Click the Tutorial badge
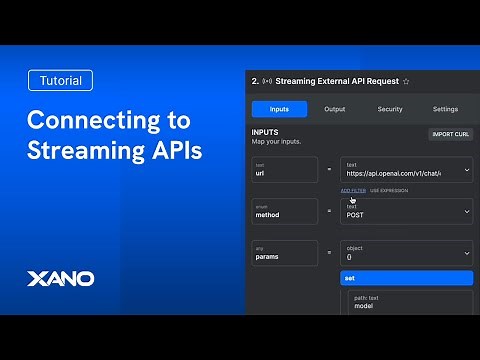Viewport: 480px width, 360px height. pos(60,81)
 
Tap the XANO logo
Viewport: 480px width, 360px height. pos(59,277)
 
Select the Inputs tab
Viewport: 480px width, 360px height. pos(279,109)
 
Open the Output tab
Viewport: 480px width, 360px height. pos(334,109)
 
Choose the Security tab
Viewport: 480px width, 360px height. pos(389,109)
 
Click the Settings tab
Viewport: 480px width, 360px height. pos(445,109)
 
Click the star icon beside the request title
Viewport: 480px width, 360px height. pos(406,80)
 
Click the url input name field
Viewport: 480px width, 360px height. pos(284,169)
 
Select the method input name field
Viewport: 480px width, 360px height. pos(284,211)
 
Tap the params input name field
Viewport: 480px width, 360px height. pos(284,253)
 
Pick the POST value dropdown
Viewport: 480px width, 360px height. pos(405,211)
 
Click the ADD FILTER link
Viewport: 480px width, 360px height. pos(352,190)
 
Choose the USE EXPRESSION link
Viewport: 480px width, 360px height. pos(389,190)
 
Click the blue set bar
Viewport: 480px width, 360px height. pos(406,278)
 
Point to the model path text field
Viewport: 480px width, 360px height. pos(410,303)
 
